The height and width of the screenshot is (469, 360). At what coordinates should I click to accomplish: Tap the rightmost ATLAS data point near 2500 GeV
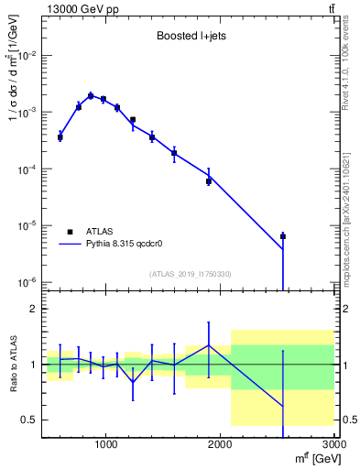(x=283, y=236)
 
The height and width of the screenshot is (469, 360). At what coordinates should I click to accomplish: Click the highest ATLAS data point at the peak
(x=91, y=95)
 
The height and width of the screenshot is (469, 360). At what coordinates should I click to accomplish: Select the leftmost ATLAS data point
(x=60, y=137)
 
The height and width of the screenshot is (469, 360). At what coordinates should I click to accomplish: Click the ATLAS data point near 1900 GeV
(x=209, y=181)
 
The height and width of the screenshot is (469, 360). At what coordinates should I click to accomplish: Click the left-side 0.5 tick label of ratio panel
(x=29, y=420)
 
